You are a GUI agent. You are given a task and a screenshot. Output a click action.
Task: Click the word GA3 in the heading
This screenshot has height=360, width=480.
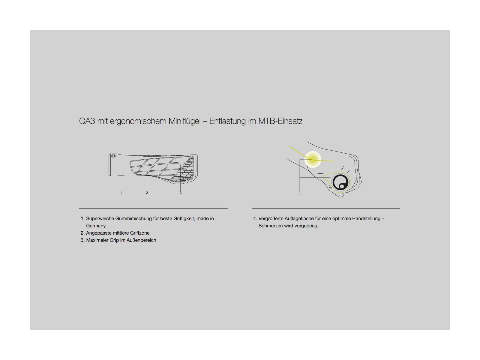coord(87,121)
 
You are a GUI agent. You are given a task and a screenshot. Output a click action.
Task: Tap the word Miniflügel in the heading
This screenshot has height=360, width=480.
coord(184,121)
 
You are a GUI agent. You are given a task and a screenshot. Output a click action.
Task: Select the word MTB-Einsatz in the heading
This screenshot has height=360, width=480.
coord(280,121)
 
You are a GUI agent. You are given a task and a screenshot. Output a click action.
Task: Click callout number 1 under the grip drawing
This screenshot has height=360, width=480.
coord(121,193)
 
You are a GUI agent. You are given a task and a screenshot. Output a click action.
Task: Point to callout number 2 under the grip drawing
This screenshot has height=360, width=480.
coord(147,193)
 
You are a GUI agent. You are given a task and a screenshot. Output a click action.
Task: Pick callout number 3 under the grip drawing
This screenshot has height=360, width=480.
coord(181,193)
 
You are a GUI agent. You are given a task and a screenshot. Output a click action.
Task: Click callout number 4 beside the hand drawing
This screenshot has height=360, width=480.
coord(299,195)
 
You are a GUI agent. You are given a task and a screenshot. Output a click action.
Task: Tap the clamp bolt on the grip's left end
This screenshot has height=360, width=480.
coord(113,156)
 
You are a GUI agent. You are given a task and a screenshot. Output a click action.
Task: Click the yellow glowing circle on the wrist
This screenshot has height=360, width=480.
coord(313,159)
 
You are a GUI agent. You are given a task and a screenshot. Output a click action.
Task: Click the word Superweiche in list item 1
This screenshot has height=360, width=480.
coord(100,219)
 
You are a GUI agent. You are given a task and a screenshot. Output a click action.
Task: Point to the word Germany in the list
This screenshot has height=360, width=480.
coord(96,226)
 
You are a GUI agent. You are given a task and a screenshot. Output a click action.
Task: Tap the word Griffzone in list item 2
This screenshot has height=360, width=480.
coord(139,233)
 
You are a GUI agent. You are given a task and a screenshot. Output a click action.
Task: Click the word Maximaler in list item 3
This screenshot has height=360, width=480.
coord(97,240)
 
